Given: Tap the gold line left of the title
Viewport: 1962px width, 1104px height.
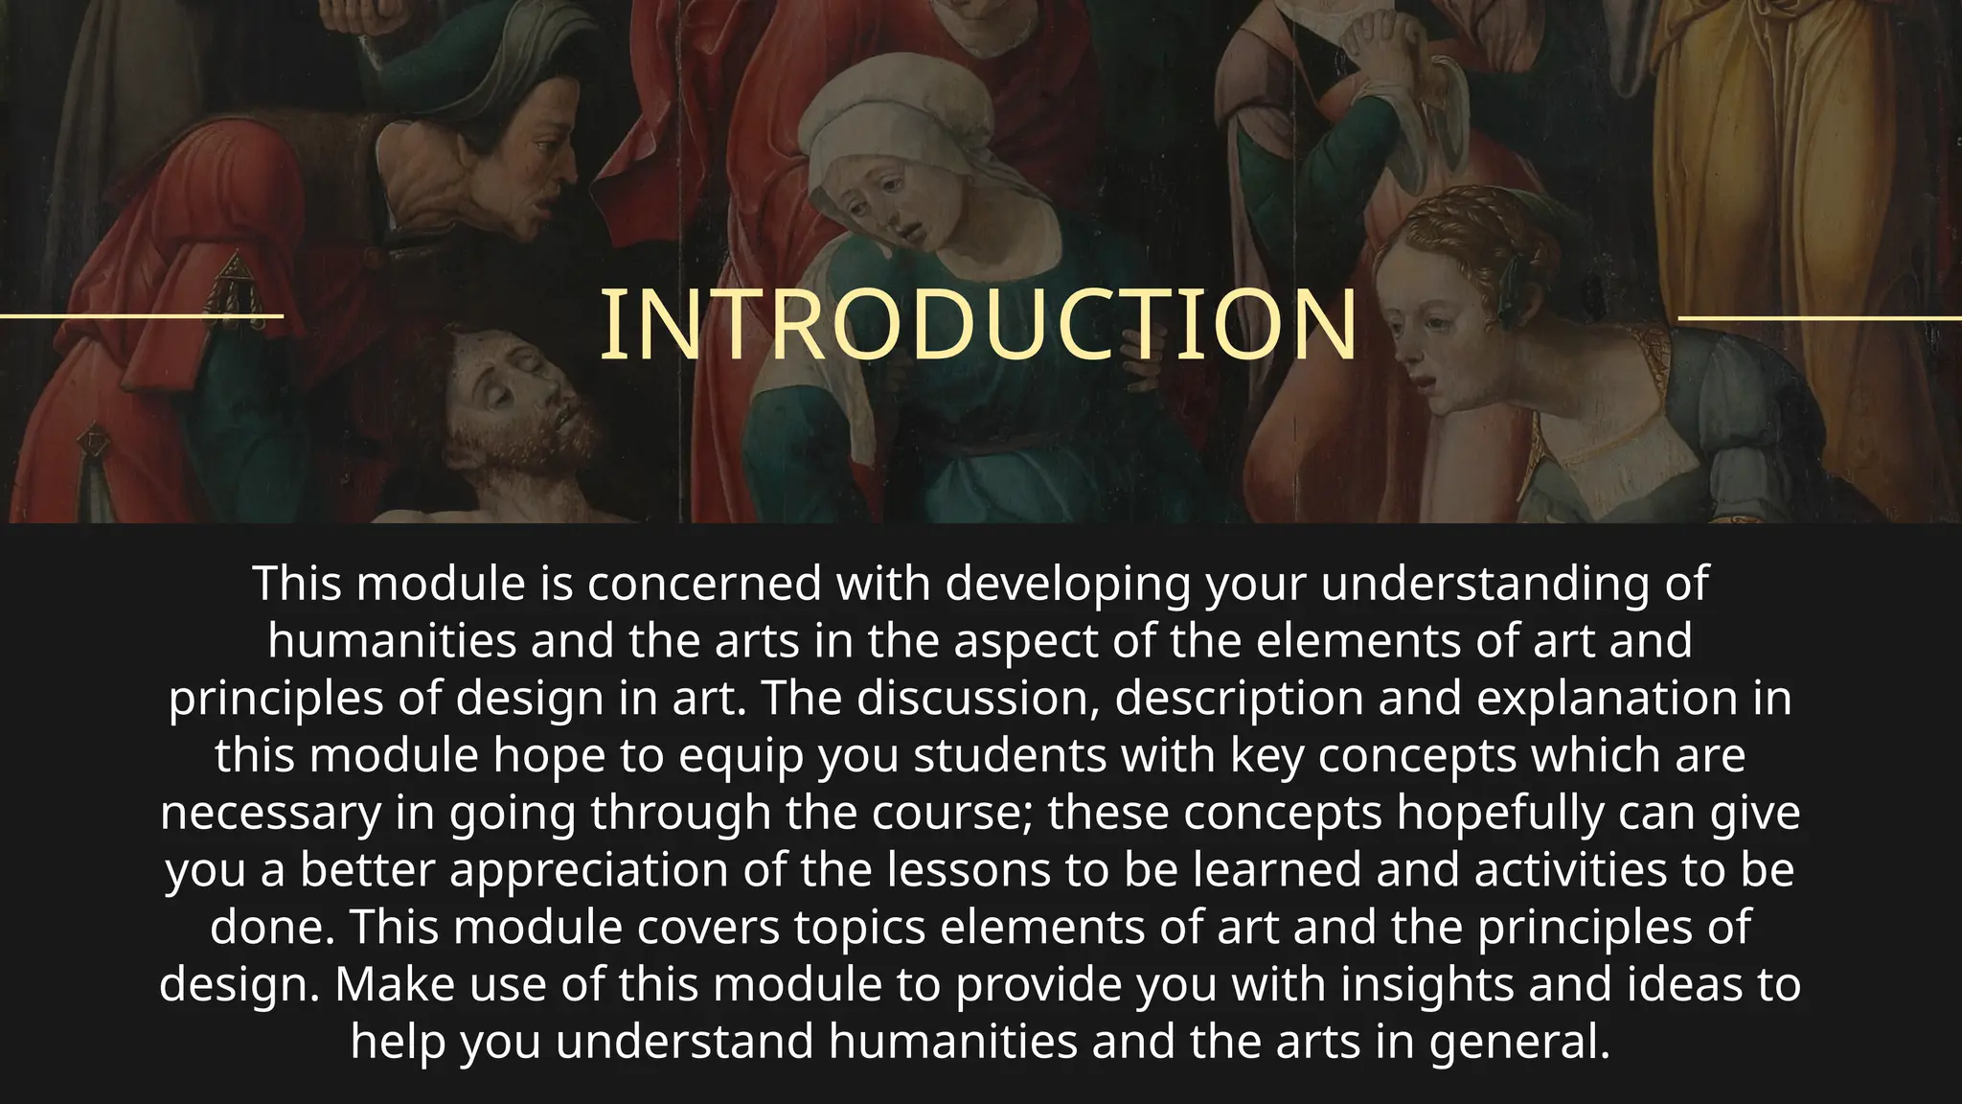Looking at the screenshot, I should coord(142,315).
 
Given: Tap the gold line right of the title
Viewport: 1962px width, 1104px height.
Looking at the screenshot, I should coord(1820,317).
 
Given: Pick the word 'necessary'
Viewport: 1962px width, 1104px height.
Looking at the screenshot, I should coord(270,813).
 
